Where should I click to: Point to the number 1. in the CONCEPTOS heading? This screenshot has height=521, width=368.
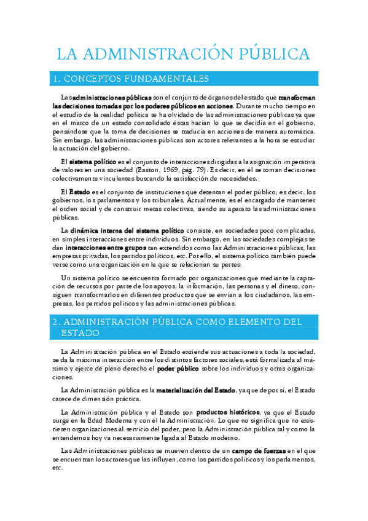coord(58,79)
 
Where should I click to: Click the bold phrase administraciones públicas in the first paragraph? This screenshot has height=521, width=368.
coord(112,98)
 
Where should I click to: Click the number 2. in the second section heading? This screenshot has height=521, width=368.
coord(56,321)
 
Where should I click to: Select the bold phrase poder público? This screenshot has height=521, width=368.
coord(178,369)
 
